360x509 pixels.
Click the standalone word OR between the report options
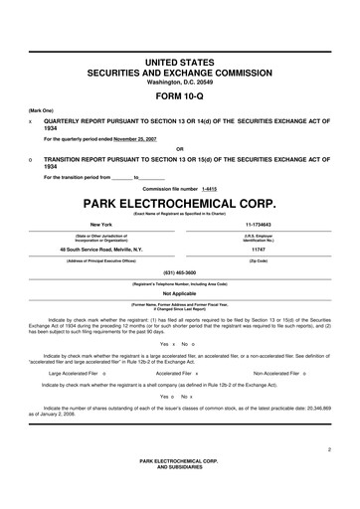(x=180, y=149)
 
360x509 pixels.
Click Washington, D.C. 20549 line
(x=180, y=82)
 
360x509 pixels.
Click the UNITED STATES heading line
(x=180, y=63)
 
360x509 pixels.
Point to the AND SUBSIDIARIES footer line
(x=180, y=467)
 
